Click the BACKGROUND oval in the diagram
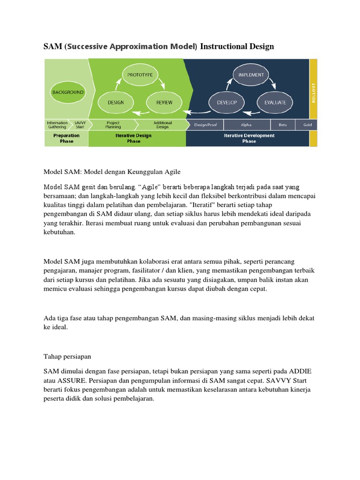click(x=67, y=92)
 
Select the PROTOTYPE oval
click(x=141, y=74)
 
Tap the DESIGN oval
click(x=116, y=102)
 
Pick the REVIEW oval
click(x=165, y=102)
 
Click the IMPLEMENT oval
click(x=251, y=74)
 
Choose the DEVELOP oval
click(x=226, y=102)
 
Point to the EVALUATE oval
click(x=276, y=102)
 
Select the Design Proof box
click(x=205, y=125)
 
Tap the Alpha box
click(x=247, y=125)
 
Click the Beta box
click(x=283, y=125)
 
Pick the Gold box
click(x=307, y=125)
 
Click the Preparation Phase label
click(x=67, y=138)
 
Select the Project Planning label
click(x=113, y=125)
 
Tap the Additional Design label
click(x=163, y=125)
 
